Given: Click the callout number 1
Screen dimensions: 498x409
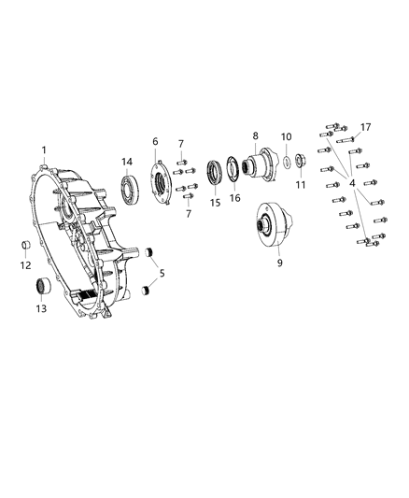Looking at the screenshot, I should point(43,149).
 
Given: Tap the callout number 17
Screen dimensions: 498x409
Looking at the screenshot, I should point(365,127).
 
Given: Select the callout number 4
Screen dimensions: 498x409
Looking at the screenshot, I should point(352,184).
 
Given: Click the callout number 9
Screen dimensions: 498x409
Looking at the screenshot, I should point(278,264).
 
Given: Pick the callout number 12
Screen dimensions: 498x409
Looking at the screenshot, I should point(25,264).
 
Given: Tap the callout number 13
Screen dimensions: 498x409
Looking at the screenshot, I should point(40,308).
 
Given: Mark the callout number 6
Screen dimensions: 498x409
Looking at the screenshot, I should point(155,141).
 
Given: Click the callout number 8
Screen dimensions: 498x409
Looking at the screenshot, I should point(254,135).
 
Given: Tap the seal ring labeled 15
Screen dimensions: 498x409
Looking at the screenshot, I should point(214,175).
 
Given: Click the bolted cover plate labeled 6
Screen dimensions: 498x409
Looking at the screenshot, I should point(159,183).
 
